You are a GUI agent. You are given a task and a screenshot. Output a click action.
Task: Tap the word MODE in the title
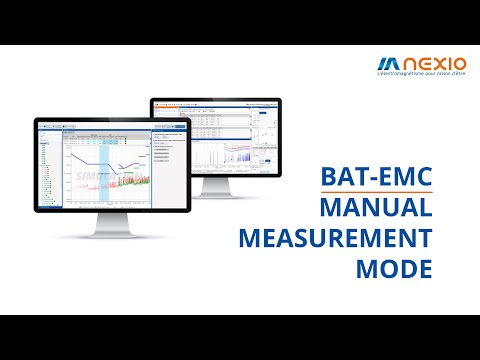[x=395, y=271]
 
